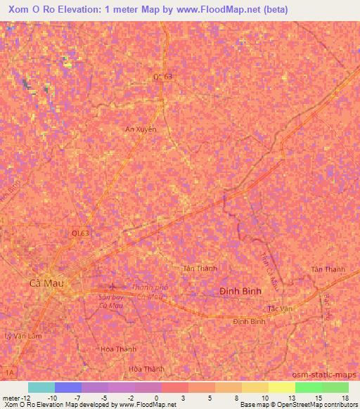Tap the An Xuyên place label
point(141,129)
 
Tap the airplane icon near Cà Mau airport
point(114,287)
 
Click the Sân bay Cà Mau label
point(111,301)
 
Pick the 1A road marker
point(8,370)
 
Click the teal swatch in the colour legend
point(41,387)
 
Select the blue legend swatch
point(68,387)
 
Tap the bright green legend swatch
point(308,387)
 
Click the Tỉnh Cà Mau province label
point(265,266)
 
